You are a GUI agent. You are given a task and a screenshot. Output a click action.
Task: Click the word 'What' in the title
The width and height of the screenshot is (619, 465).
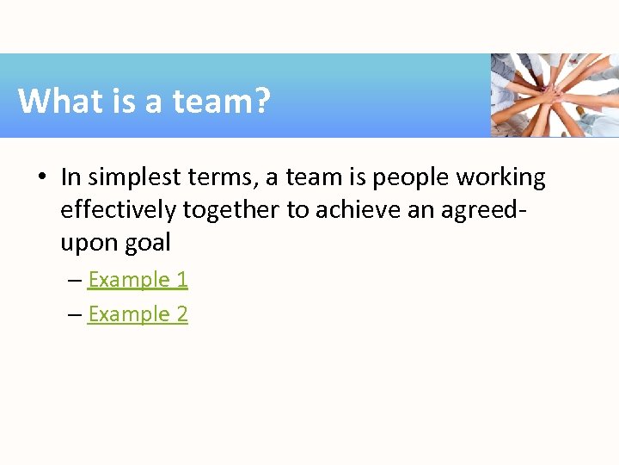pyautogui.click(x=53, y=102)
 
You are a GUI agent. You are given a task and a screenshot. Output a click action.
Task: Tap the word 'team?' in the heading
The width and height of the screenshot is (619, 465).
pyautogui.click(x=222, y=102)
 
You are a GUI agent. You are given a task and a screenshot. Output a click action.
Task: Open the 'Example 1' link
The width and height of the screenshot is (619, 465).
pyautogui.click(x=138, y=280)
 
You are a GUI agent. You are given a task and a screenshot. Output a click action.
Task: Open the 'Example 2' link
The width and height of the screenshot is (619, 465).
pyautogui.click(x=138, y=314)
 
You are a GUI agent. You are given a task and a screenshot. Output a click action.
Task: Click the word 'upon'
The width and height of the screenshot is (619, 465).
pyautogui.click(x=89, y=244)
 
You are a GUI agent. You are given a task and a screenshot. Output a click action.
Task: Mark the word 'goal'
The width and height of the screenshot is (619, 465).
pyautogui.click(x=148, y=244)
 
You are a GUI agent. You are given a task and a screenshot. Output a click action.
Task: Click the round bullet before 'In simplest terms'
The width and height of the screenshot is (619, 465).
pyautogui.click(x=41, y=178)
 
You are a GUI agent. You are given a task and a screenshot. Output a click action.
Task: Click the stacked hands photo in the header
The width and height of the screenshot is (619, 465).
pyautogui.click(x=555, y=95)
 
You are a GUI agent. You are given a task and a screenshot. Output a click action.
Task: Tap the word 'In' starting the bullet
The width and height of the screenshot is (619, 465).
pyautogui.click(x=70, y=178)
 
